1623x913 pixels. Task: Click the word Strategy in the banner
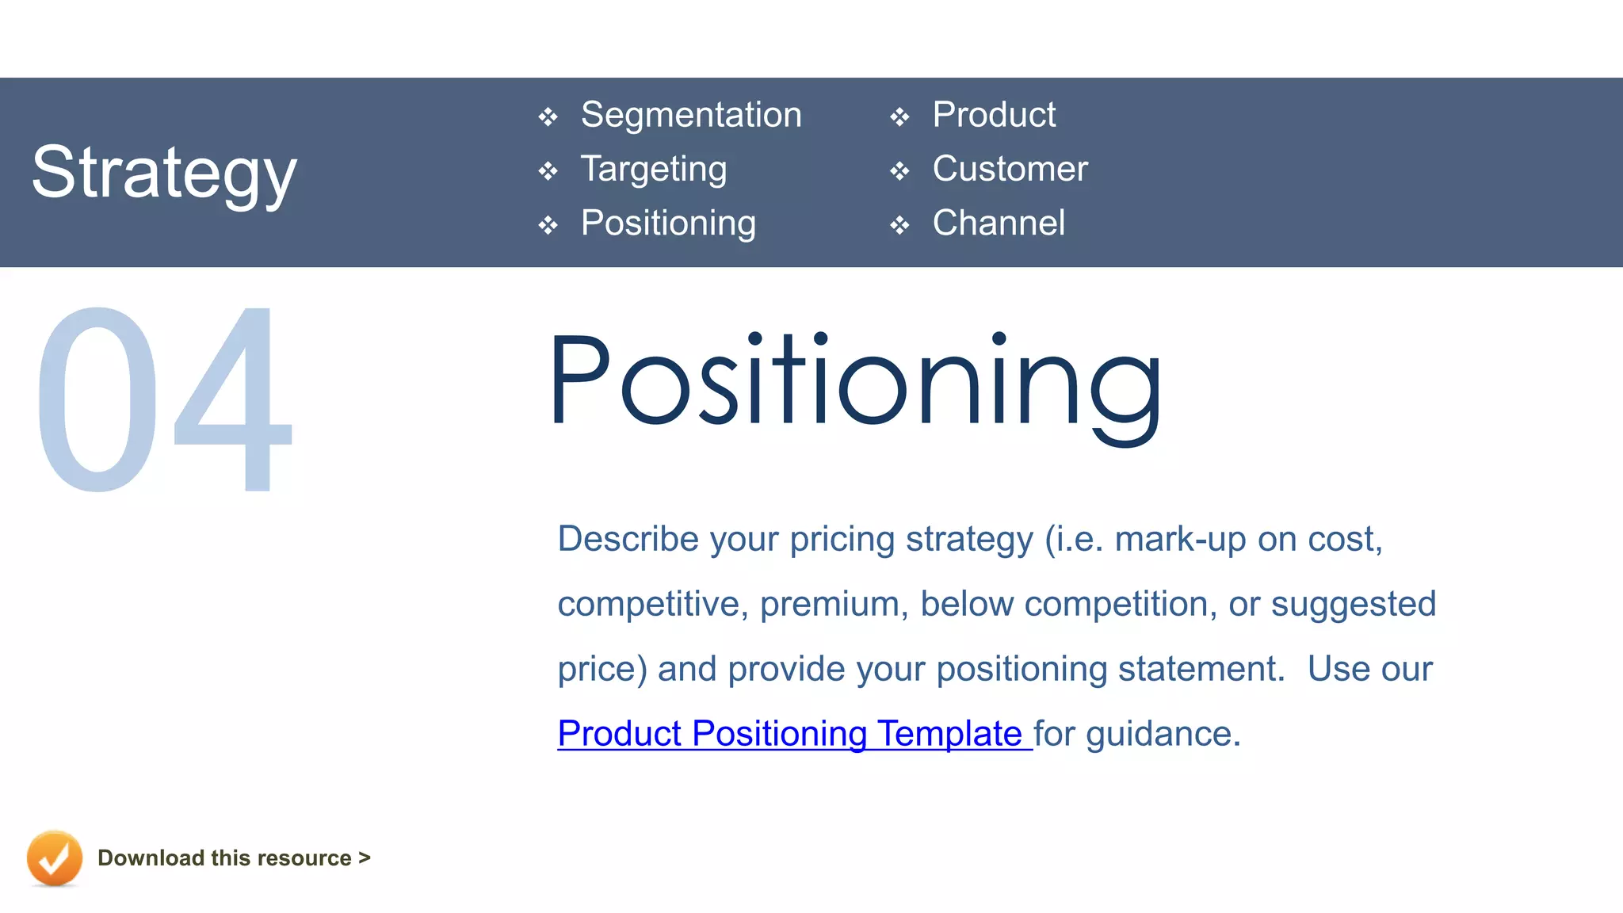click(164, 172)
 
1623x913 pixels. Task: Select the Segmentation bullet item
click(691, 115)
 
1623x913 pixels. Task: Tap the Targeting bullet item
click(654, 169)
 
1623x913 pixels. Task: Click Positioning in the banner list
click(668, 223)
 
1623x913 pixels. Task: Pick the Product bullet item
click(994, 115)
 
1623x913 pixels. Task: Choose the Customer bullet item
click(1010, 169)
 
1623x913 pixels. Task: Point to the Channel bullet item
click(999, 223)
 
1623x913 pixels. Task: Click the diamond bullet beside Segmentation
click(548, 118)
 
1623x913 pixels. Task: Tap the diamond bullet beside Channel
click(899, 226)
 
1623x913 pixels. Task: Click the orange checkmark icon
click(54, 858)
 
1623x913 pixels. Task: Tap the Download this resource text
click(234, 858)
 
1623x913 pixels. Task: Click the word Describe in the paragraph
click(628, 539)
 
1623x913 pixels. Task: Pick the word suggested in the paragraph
click(1353, 604)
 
